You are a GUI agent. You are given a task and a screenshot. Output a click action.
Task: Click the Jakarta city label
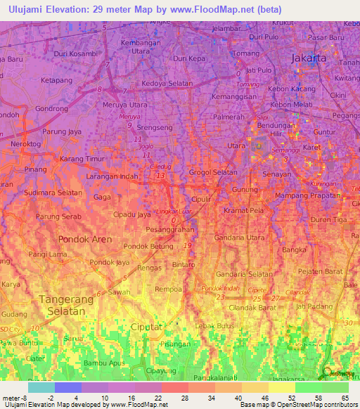309,58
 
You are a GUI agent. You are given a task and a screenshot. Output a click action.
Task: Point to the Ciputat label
143,327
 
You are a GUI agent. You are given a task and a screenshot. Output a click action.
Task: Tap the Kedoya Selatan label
167,84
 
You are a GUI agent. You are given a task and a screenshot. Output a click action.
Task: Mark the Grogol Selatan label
212,172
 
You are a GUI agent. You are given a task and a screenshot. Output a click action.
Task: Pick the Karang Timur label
82,160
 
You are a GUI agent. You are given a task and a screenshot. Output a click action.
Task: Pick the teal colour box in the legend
41,387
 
